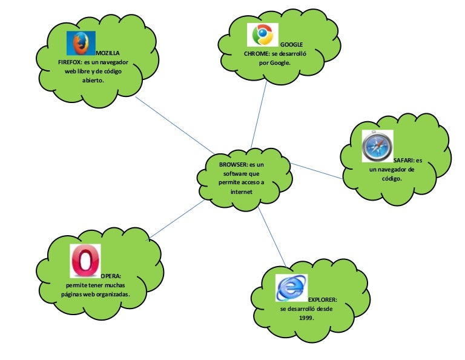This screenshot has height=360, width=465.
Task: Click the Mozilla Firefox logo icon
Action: click(81, 43)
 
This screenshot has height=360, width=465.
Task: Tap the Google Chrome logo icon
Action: click(263, 35)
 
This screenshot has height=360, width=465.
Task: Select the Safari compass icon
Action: click(377, 146)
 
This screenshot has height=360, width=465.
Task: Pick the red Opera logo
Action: click(85, 260)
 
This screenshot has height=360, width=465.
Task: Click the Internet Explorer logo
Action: click(291, 287)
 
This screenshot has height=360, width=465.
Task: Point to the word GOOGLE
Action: click(291, 44)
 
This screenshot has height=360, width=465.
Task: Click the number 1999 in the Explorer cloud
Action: click(306, 317)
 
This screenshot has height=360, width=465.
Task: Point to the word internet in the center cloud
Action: click(241, 192)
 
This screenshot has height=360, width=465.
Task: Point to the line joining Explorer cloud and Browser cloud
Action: click(272, 238)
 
